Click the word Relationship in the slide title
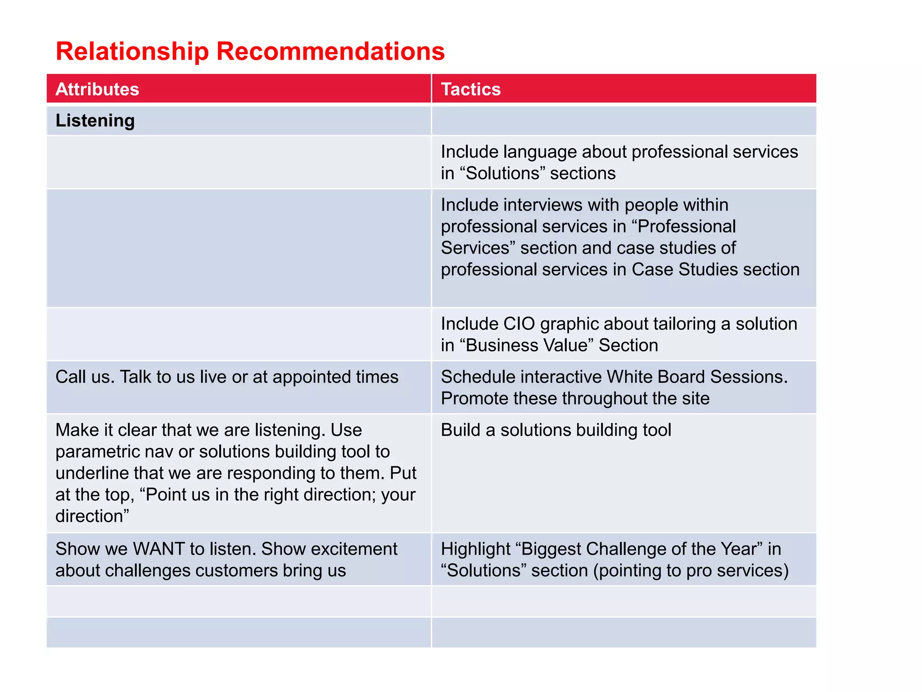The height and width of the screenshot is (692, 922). [x=132, y=51]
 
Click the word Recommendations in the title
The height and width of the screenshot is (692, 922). [x=330, y=51]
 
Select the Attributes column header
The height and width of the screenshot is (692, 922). [x=97, y=89]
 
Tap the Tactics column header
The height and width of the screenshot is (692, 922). [x=470, y=89]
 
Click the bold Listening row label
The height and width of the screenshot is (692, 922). [x=95, y=121]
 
